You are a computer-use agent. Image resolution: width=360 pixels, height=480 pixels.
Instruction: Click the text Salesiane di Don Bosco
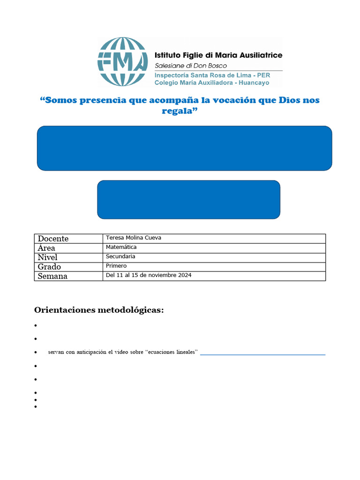pos(191,66)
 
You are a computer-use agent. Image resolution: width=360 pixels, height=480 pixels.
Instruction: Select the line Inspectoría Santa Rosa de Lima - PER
pos(218,75)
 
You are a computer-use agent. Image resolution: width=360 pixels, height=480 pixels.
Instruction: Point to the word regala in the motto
pos(178,111)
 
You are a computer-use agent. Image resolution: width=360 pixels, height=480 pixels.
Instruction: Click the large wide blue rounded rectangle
pos(184,148)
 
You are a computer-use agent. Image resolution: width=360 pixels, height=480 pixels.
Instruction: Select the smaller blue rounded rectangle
pos(188,199)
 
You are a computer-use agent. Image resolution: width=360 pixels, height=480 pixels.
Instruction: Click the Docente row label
pos(53,239)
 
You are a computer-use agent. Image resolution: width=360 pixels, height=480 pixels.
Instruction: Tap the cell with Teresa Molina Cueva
pos(134,238)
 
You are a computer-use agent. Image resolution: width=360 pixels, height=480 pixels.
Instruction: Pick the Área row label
pos(46,248)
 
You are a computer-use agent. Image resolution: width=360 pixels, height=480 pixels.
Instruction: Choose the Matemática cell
pos(121,247)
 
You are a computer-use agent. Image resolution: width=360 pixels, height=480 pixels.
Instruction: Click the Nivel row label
pos(48,257)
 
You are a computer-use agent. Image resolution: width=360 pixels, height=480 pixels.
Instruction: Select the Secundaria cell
pos(120,256)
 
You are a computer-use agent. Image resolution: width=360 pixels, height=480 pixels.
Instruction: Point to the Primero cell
pos(116,266)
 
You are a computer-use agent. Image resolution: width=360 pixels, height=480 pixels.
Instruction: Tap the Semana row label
pos(52,276)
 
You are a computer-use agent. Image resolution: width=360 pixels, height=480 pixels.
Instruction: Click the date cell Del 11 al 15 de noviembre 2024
pos(149,275)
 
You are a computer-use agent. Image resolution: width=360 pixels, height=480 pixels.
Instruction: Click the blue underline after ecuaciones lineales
pos(262,354)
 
